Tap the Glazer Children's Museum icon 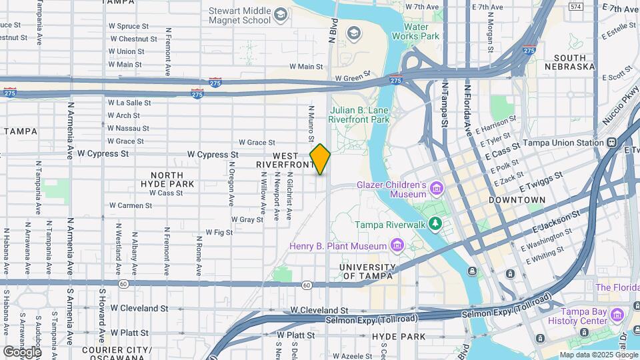click(x=437, y=189)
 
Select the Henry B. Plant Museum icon click(x=397, y=246)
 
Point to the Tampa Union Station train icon click(x=611, y=143)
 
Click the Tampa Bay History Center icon click(x=617, y=314)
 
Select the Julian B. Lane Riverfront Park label click(x=359, y=115)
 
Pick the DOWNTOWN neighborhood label click(x=517, y=200)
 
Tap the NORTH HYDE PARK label click(x=167, y=179)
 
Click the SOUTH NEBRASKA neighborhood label click(x=569, y=62)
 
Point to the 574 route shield click(x=575, y=6)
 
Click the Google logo click(x=22, y=351)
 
